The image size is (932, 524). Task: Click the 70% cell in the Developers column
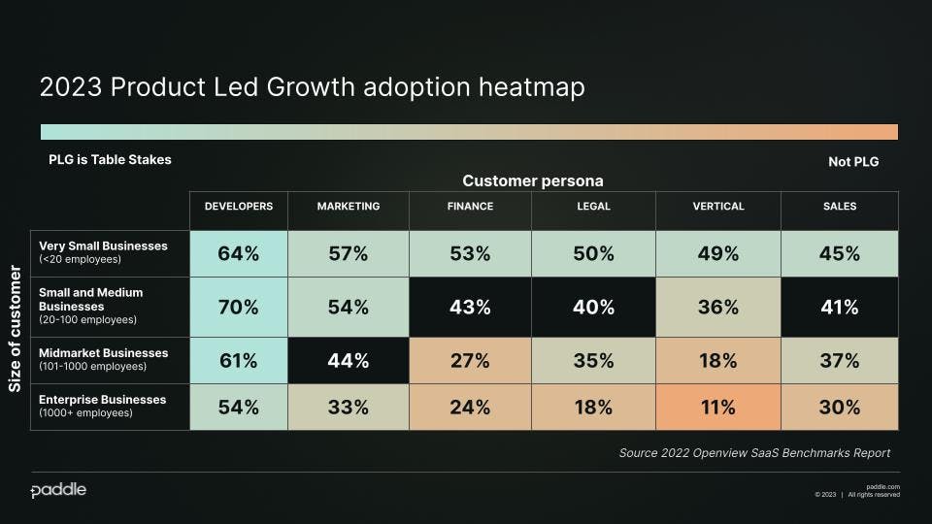pyautogui.click(x=238, y=308)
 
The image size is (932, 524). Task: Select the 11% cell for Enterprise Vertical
pyautogui.click(x=717, y=408)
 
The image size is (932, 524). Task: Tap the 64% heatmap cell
pyautogui.click(x=238, y=254)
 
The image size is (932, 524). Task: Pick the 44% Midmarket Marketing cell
pyautogui.click(x=348, y=361)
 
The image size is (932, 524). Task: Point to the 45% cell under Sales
pyautogui.click(x=839, y=254)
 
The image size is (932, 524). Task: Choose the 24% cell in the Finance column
pyautogui.click(x=470, y=408)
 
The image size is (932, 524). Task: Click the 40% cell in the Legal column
pyautogui.click(x=593, y=308)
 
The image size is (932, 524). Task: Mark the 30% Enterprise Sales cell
pyautogui.click(x=839, y=408)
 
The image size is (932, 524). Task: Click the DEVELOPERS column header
pyautogui.click(x=238, y=207)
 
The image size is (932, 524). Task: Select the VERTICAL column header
pyautogui.click(x=717, y=207)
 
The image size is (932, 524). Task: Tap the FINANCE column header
pyautogui.click(x=470, y=207)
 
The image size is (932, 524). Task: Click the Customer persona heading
pyautogui.click(x=532, y=181)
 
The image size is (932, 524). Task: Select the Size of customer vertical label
pyautogui.click(x=16, y=330)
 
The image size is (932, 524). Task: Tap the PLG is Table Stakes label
pyautogui.click(x=110, y=159)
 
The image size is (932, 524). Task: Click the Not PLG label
pyautogui.click(x=853, y=162)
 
